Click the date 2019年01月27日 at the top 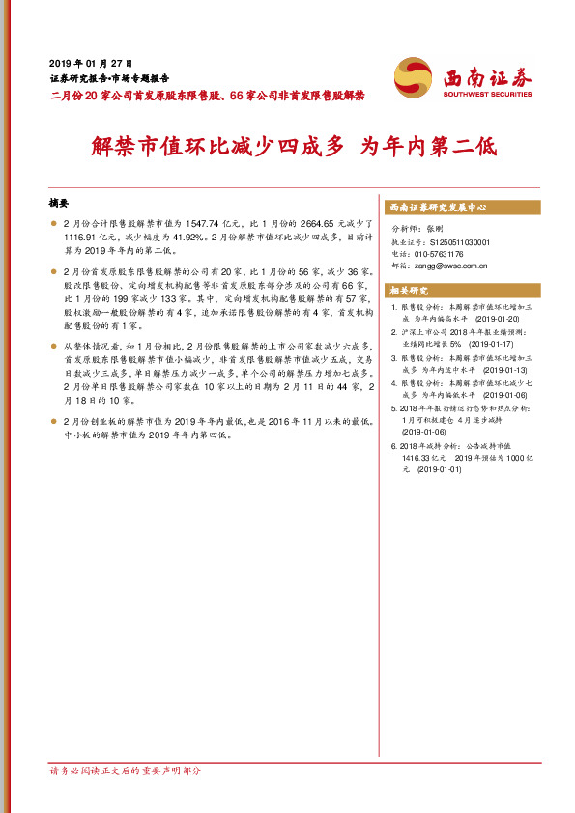90,61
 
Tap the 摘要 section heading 59,204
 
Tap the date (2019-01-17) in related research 492,344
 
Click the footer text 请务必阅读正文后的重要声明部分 126,771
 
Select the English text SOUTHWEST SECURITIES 487,94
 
